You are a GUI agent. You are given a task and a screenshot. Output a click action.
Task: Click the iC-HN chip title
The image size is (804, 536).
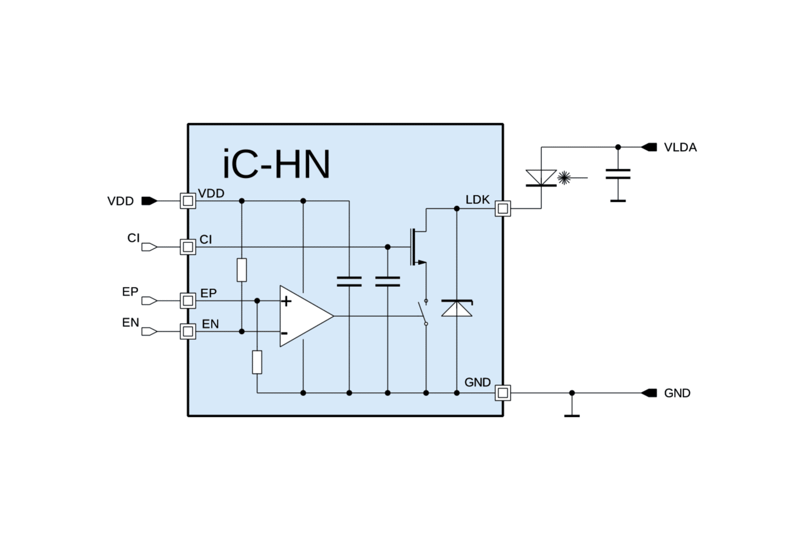276,165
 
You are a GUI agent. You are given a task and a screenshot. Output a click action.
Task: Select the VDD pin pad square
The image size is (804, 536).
188,201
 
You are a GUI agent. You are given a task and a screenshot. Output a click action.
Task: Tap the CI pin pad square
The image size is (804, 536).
188,247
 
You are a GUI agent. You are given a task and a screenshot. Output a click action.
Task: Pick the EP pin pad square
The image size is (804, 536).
188,301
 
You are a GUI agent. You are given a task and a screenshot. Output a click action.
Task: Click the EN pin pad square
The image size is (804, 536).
188,331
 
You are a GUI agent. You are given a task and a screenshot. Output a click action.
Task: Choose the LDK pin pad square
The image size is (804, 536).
503,209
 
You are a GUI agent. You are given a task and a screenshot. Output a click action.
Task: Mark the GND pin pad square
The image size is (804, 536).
503,393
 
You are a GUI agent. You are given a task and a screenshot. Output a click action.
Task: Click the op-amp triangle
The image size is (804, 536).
307,316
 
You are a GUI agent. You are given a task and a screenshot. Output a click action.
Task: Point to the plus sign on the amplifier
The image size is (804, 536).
286,301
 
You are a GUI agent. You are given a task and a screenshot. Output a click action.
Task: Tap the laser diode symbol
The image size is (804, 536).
541,178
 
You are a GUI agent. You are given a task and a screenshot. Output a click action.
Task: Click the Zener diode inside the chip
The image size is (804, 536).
457,308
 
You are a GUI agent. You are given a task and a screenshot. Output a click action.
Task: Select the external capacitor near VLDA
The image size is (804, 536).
618,174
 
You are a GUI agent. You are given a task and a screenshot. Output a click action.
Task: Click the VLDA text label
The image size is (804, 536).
680,147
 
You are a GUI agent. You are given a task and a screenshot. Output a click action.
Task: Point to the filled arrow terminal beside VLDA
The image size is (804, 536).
649,147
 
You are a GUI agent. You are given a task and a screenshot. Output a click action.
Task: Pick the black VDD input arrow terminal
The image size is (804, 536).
150,201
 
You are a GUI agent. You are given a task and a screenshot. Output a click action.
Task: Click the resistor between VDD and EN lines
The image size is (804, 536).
242,270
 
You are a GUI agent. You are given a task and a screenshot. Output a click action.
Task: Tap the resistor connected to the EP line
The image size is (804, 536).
257,362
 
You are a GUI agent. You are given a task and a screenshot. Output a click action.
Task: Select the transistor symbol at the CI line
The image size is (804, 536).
418,247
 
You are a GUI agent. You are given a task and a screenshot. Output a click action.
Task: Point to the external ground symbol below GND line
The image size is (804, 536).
572,416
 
